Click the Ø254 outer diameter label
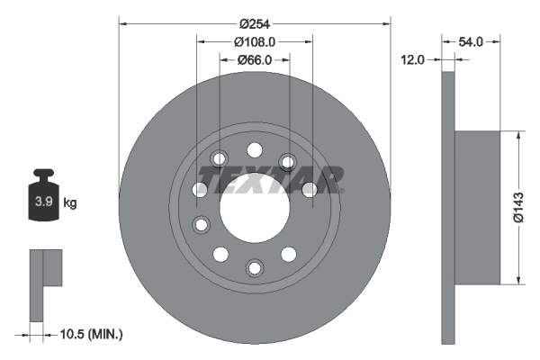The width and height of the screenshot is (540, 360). (255, 22)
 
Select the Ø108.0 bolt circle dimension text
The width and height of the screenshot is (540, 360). (255, 41)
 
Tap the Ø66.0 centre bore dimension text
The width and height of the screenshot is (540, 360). (255, 59)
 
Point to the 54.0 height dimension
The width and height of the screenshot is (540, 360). (472, 41)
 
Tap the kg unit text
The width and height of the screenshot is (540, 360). (70, 203)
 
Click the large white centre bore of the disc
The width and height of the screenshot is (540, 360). (255, 202)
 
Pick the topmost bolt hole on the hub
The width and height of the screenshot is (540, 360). (255, 149)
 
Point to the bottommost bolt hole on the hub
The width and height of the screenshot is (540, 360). (255, 266)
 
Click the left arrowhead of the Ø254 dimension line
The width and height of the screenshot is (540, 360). (123, 22)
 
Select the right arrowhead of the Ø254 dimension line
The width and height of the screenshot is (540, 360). (387, 22)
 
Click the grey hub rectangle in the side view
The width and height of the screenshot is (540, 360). (477, 207)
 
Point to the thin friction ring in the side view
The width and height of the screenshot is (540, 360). (448, 207)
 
